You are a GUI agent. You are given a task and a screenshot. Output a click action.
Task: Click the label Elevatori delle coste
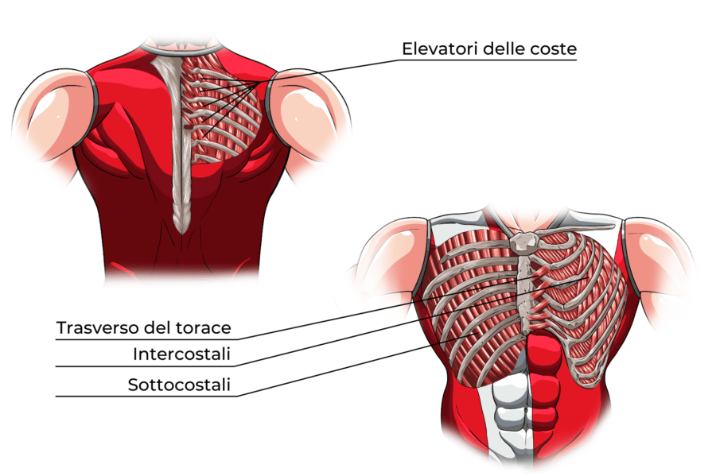(x=488, y=48)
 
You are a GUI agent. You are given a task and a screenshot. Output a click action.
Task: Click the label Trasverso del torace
(x=143, y=327)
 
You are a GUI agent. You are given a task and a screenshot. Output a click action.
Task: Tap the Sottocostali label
(x=179, y=385)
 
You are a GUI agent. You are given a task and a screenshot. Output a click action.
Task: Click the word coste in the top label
(x=554, y=48)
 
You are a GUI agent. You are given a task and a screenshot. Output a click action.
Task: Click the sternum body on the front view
(x=523, y=286)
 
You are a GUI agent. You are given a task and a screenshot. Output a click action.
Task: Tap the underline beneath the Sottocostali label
(x=143, y=397)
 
